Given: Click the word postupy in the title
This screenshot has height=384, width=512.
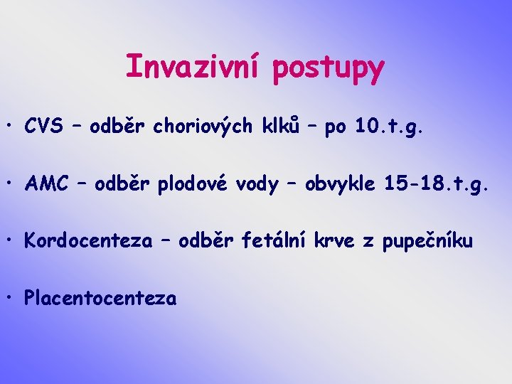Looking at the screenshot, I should [x=329, y=69].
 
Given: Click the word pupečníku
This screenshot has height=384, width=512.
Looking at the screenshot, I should [x=427, y=242].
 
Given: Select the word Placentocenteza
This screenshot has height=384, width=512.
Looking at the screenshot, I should [x=100, y=298].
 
